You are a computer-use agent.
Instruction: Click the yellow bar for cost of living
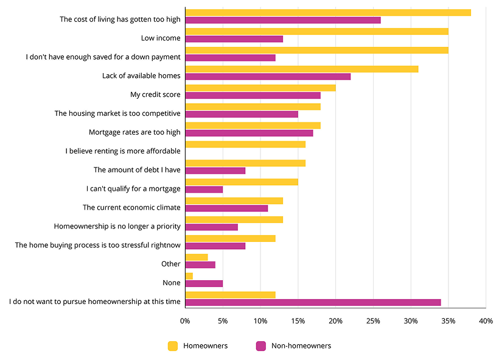coord(328,12)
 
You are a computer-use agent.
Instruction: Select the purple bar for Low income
coord(234,39)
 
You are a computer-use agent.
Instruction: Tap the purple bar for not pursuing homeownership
coord(313,302)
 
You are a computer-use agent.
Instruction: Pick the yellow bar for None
coord(189,276)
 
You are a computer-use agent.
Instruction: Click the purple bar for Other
coord(200,264)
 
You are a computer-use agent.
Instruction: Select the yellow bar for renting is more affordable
coord(245,144)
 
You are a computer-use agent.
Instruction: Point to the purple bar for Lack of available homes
coord(268,76)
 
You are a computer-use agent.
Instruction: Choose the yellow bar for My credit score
coord(260,88)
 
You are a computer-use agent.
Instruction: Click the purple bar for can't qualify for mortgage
coord(204,189)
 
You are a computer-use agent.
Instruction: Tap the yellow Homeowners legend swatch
coord(173,346)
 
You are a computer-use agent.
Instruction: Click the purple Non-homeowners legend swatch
coord(260,346)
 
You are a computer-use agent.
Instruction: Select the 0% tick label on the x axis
coord(185,320)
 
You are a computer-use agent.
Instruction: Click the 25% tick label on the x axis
coord(373,320)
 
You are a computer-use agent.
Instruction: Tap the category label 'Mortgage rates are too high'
coord(134,132)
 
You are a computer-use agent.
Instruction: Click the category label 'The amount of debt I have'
coord(137,170)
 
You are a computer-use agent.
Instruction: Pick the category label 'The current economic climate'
coord(131,207)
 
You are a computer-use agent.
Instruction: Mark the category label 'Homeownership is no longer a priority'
coord(117,226)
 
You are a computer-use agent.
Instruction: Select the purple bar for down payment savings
coord(230,58)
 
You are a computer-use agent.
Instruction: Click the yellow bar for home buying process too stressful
coord(230,238)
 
